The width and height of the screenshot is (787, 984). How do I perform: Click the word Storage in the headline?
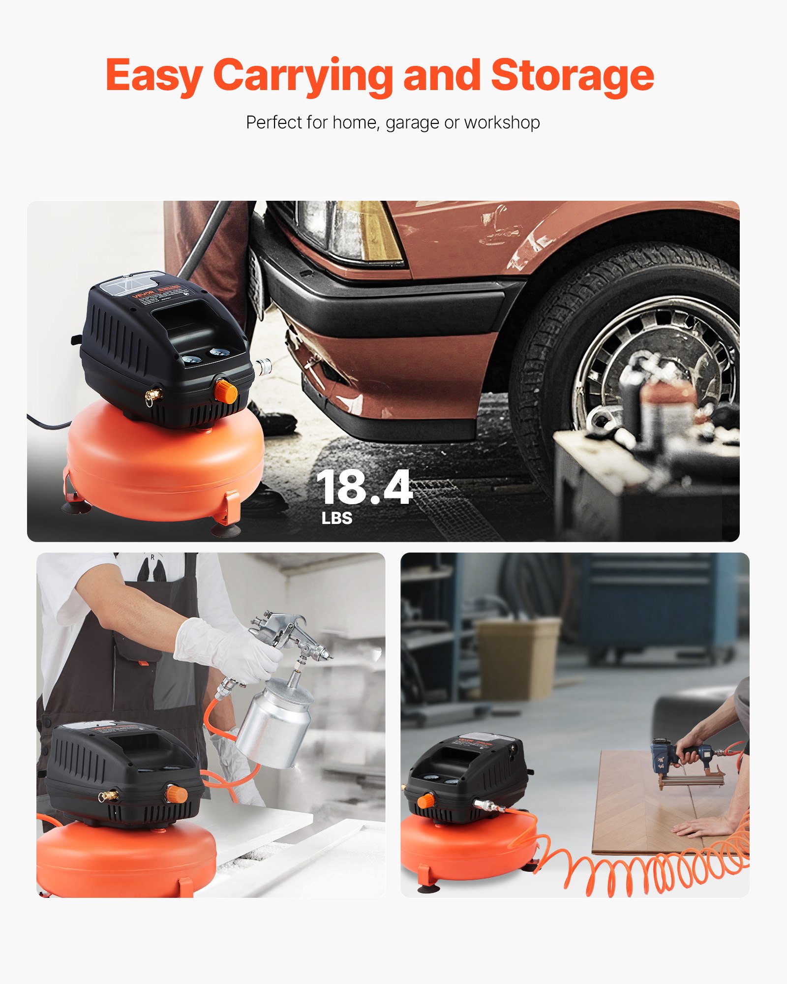coord(572,75)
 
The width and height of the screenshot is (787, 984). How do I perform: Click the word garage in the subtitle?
coord(412,123)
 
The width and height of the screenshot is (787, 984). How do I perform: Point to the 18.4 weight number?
coord(364,487)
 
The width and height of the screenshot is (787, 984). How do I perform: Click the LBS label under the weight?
coord(337,518)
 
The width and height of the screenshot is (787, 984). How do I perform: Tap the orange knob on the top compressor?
coord(226,391)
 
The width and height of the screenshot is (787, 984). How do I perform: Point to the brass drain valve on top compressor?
coord(153,395)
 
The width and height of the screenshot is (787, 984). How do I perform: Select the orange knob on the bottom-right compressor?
coord(426,801)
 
